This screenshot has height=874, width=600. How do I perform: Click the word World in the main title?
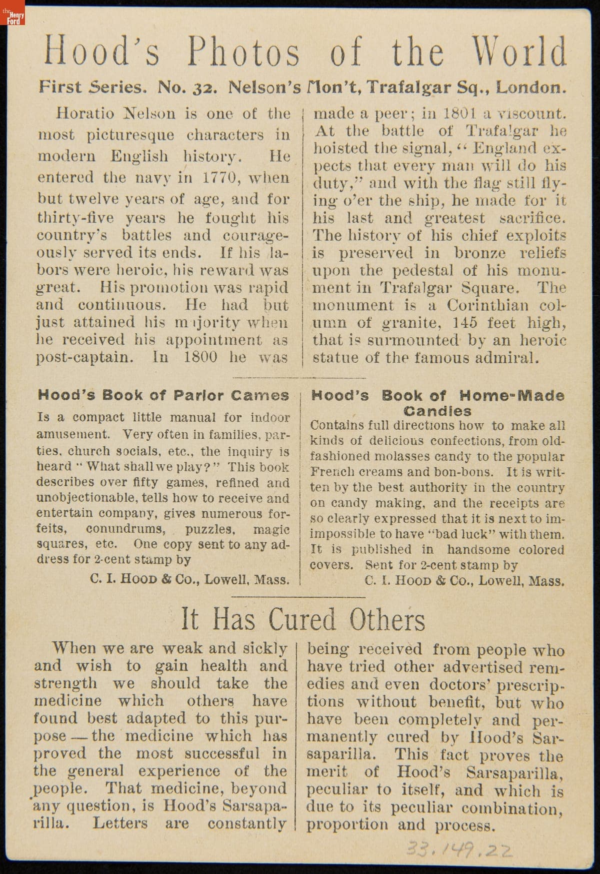click(x=520, y=52)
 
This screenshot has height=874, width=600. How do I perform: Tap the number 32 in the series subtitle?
click(x=205, y=88)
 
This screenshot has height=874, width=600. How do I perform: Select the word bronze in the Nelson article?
click(x=479, y=253)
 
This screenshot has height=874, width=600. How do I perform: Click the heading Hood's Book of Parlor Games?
click(x=163, y=395)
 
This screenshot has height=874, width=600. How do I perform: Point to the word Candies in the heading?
click(x=437, y=412)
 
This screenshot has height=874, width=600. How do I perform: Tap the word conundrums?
click(x=124, y=529)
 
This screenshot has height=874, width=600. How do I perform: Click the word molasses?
click(x=402, y=457)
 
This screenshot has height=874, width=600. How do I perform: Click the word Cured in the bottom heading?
click(x=302, y=619)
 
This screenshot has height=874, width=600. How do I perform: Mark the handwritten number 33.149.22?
click(x=460, y=849)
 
